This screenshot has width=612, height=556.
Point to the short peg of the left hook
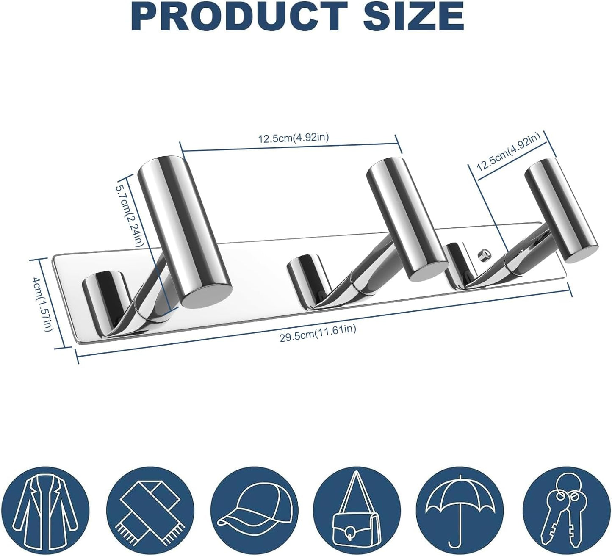coord(103,296)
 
